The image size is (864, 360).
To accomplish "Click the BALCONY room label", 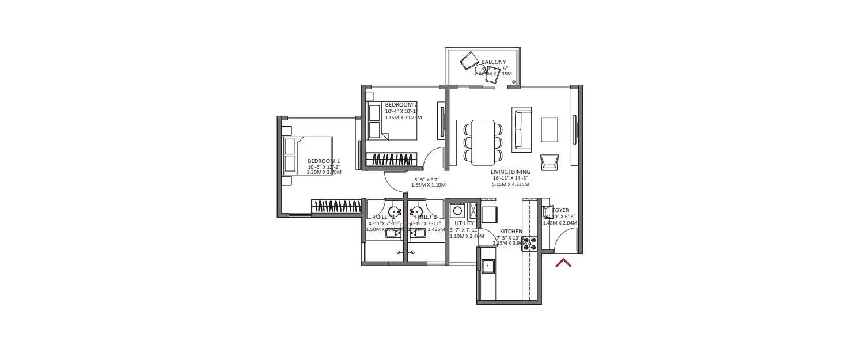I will coord(493,62).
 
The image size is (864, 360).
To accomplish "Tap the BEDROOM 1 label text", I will coord(324,161).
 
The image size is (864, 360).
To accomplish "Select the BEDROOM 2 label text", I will coord(401,105).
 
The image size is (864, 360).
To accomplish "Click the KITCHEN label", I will coord(511,232).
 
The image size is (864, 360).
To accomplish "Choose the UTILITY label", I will coord(464,223).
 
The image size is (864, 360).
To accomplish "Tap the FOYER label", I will coord(560,211).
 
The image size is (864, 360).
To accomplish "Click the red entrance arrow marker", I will coord(563,263).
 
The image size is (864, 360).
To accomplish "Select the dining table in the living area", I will coord(483,141).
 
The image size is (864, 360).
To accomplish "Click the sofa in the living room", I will coord(521,129).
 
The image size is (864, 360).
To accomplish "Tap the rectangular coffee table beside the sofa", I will coord(549,130).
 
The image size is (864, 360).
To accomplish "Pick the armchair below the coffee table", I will coord(549,162).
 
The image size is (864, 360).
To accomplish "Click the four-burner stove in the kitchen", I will coord(529,243).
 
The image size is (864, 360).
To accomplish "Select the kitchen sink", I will coord(488,266).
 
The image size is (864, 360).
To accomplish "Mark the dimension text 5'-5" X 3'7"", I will coord(426,180).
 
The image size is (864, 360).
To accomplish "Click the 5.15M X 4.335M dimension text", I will coord(510,185).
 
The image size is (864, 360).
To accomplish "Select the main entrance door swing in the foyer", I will coord(565,239).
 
